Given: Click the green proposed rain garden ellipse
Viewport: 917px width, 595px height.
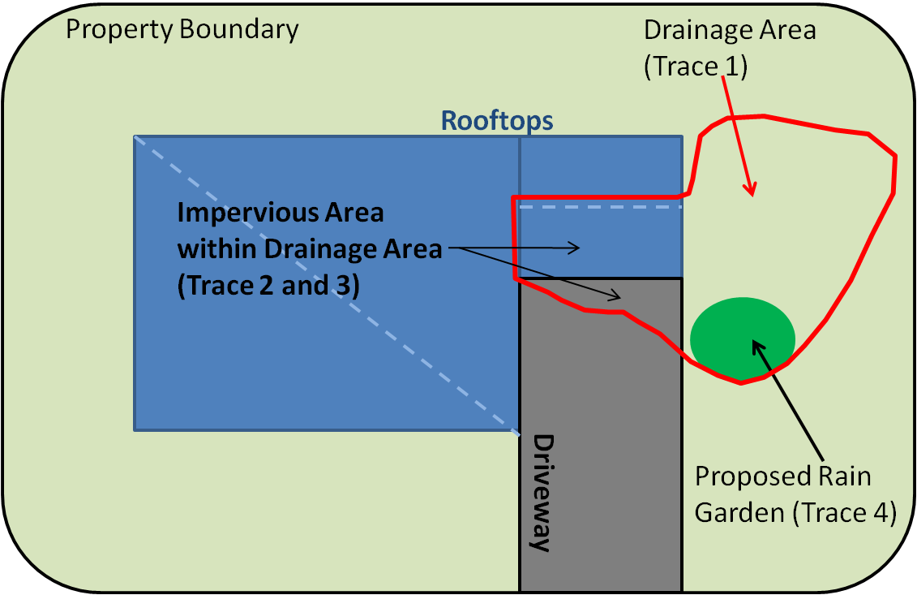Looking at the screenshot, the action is (x=743, y=339).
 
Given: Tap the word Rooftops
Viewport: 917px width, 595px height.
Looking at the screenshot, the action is (x=496, y=121).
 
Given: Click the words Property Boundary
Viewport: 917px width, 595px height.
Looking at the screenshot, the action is (x=182, y=30).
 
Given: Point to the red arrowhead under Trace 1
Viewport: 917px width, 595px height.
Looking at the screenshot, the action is (x=750, y=189).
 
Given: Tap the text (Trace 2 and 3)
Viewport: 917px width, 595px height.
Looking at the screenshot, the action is (x=268, y=286).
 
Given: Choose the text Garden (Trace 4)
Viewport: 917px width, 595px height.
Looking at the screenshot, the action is (x=795, y=512).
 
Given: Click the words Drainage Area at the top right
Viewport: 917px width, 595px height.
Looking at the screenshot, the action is (x=730, y=30).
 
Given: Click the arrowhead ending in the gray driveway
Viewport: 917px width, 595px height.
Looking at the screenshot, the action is (x=615, y=295).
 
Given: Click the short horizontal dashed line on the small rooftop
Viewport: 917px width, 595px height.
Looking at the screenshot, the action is (x=601, y=207).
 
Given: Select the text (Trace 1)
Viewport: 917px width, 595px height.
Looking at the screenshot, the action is (x=696, y=67).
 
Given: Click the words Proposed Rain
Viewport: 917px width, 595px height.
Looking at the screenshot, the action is (x=783, y=476).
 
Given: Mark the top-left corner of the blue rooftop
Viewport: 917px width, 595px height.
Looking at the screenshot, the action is (x=135, y=136).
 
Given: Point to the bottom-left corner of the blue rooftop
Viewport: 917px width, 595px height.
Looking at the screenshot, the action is (x=135, y=430).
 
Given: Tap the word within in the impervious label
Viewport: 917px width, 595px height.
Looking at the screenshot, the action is (x=216, y=249).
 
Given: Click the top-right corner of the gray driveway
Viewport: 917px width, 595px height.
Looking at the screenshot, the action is (x=682, y=278).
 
